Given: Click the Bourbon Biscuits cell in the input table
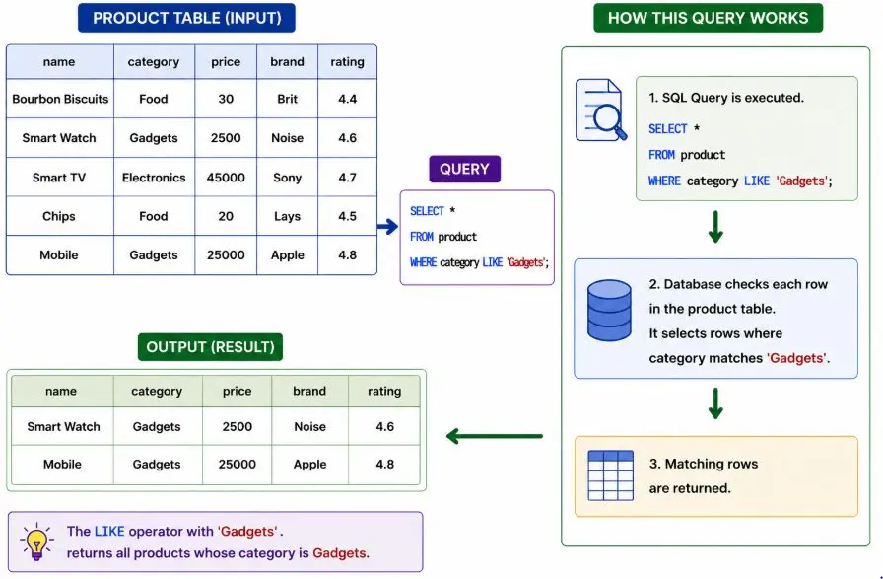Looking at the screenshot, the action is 60,99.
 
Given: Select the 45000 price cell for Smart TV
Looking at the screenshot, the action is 226,178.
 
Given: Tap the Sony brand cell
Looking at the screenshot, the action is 287,178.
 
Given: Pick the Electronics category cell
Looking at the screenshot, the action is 154,178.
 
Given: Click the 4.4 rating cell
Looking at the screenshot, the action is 348,99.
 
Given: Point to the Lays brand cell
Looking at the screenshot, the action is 287,216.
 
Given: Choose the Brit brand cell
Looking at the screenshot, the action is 287,99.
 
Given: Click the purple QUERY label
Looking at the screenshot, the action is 464,169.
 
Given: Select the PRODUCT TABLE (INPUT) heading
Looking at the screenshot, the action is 186,18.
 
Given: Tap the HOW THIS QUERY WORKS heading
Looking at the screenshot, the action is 708,18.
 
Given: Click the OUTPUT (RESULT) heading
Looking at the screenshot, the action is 210,347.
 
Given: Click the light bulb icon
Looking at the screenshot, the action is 37,542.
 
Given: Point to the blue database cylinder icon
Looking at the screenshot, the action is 609,311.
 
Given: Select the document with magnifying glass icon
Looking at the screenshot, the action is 601,109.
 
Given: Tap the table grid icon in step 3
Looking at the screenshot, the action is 610,475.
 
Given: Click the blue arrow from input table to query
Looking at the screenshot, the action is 388,227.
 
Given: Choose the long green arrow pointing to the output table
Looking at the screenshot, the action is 494,436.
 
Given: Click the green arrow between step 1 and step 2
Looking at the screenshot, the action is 715,227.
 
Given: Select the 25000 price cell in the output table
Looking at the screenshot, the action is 238,465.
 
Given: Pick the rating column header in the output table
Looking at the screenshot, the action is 384,392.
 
